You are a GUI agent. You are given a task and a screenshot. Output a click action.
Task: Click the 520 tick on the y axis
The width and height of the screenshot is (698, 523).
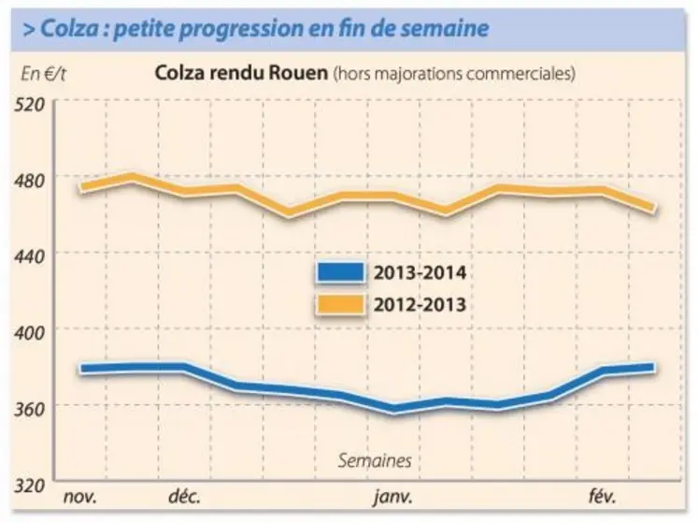pyautogui.click(x=31, y=102)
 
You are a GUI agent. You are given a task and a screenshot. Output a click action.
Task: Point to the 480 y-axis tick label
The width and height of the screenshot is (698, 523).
pyautogui.click(x=31, y=178)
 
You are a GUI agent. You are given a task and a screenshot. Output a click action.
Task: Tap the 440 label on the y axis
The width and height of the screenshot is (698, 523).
pyautogui.click(x=31, y=254)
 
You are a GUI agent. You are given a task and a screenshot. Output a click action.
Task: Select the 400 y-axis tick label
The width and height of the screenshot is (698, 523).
pyautogui.click(x=31, y=329)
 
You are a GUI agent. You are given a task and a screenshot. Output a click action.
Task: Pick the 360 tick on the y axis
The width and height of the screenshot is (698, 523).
pyautogui.click(x=31, y=406)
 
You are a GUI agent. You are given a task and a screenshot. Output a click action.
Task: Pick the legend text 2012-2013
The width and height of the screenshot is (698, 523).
pyautogui.click(x=420, y=304)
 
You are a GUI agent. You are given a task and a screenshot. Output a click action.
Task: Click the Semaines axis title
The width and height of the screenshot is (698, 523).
pyautogui.click(x=374, y=460)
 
